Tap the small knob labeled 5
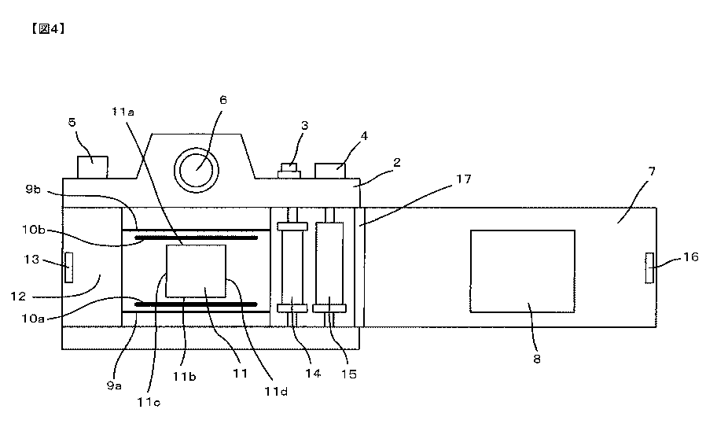coord(93,167)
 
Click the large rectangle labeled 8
coord(522,271)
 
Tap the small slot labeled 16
coord(649,267)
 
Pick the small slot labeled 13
coord(68,267)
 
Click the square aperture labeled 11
coord(196,270)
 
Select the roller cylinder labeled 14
coord(291,267)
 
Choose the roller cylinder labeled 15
coord(329,267)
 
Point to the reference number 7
coord(652,171)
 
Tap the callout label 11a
coord(123,112)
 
